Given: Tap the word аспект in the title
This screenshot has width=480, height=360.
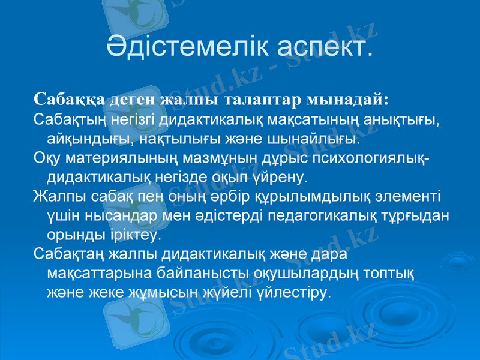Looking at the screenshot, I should coord(325,46).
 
